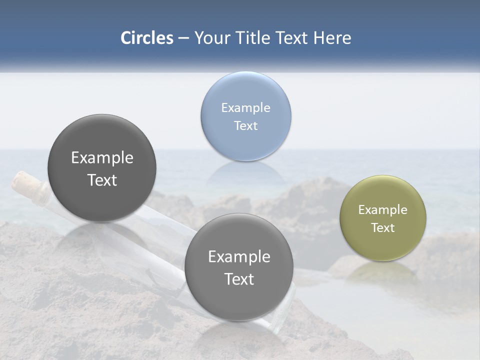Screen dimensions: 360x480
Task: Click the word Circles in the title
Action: pos(147,38)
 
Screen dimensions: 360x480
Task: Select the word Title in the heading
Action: pos(254,38)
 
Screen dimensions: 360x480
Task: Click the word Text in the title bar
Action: pos(292,38)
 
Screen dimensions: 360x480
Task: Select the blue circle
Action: pos(245,116)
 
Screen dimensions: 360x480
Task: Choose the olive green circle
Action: pos(383,218)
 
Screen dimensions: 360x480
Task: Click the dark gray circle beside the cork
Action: pos(102,168)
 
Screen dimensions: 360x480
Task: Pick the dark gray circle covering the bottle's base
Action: pos(239,267)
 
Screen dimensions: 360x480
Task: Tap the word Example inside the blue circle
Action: pos(245,107)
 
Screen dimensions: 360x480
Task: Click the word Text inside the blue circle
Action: pos(245,125)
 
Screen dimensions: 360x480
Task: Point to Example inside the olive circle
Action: pos(383,209)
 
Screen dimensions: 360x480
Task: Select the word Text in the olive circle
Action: pos(383,227)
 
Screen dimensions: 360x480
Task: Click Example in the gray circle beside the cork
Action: pos(102,157)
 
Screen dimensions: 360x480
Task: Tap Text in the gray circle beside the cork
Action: pos(102,180)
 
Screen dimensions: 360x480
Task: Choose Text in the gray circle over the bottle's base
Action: pos(239,279)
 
